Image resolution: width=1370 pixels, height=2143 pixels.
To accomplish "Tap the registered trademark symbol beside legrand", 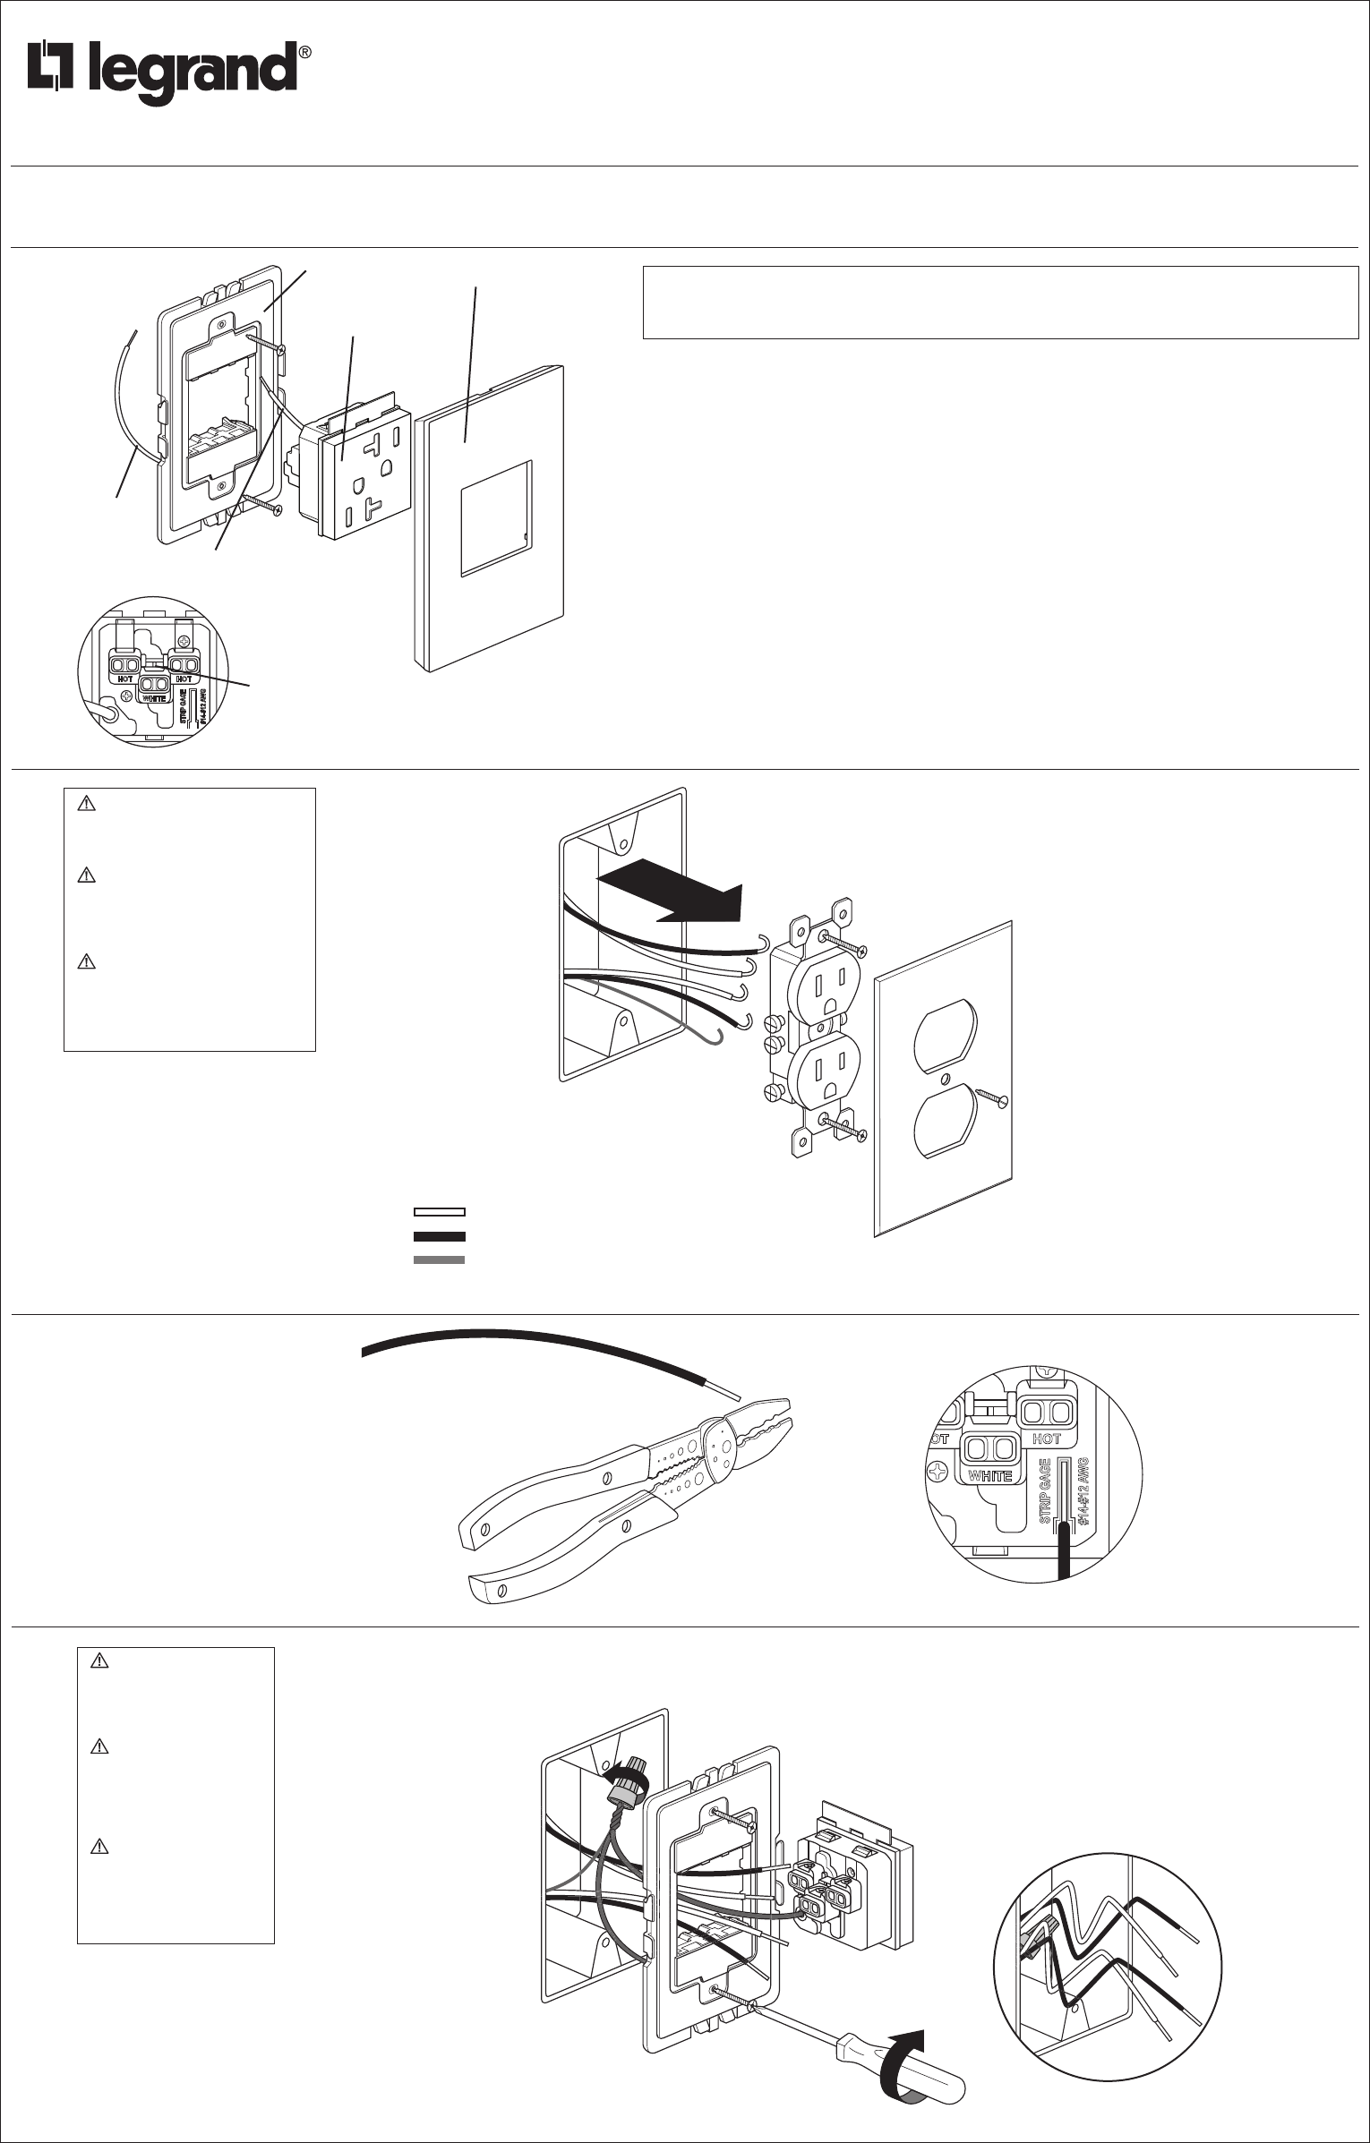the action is click(x=304, y=54).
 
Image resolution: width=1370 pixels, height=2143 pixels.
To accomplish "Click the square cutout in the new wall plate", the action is click(x=495, y=517).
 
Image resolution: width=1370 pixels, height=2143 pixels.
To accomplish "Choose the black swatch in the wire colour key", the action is click(x=439, y=1236).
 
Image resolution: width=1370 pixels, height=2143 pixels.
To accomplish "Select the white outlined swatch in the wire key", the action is click(x=439, y=1212).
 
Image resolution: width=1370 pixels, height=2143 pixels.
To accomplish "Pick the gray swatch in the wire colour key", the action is click(x=439, y=1259).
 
